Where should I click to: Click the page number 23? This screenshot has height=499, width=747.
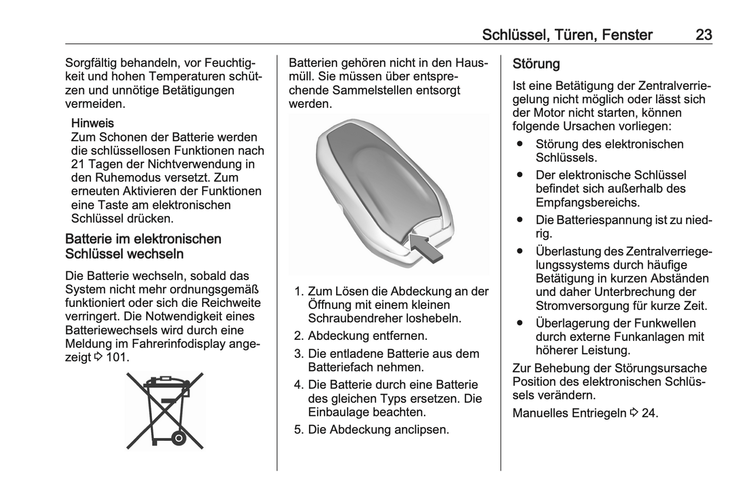pyautogui.click(x=704, y=35)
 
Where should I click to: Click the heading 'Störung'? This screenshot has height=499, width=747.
pyautogui.click(x=536, y=64)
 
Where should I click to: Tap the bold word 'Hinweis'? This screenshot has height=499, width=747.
pyautogui.click(x=93, y=123)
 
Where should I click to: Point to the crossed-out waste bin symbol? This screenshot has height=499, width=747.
pyautogui.click(x=165, y=411)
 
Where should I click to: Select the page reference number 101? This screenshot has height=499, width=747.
pyautogui.click(x=116, y=357)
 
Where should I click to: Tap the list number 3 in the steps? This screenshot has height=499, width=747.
pyautogui.click(x=298, y=354)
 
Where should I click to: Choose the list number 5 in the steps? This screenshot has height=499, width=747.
pyautogui.click(x=298, y=430)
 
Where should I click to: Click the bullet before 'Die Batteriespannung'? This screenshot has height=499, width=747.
pyautogui.click(x=520, y=220)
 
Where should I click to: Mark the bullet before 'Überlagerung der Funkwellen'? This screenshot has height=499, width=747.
pyautogui.click(x=520, y=323)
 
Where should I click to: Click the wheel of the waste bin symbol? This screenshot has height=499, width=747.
pyautogui.click(x=178, y=439)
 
